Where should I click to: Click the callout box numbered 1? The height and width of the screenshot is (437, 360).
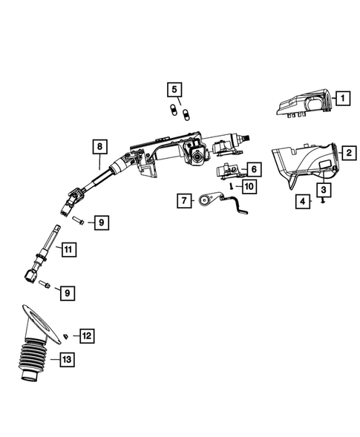tap(342, 96)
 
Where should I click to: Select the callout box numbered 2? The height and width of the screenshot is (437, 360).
tap(347, 153)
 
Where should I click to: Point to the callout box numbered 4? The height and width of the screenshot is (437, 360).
tap(301, 201)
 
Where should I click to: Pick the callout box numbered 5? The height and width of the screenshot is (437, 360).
tap(174, 91)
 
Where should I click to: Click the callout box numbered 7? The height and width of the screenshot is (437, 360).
tap(183, 200)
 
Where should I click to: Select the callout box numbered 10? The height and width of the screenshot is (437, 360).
tap(249, 186)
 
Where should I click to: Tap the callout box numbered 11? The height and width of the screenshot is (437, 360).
tap(66, 250)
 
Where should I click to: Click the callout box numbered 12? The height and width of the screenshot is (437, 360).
tap(87, 336)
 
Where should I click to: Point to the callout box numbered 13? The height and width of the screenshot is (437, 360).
tap(67, 361)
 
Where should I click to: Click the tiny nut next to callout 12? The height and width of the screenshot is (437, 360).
tap(67, 337)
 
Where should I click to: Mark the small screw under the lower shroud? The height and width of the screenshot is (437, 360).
tap(324, 200)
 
